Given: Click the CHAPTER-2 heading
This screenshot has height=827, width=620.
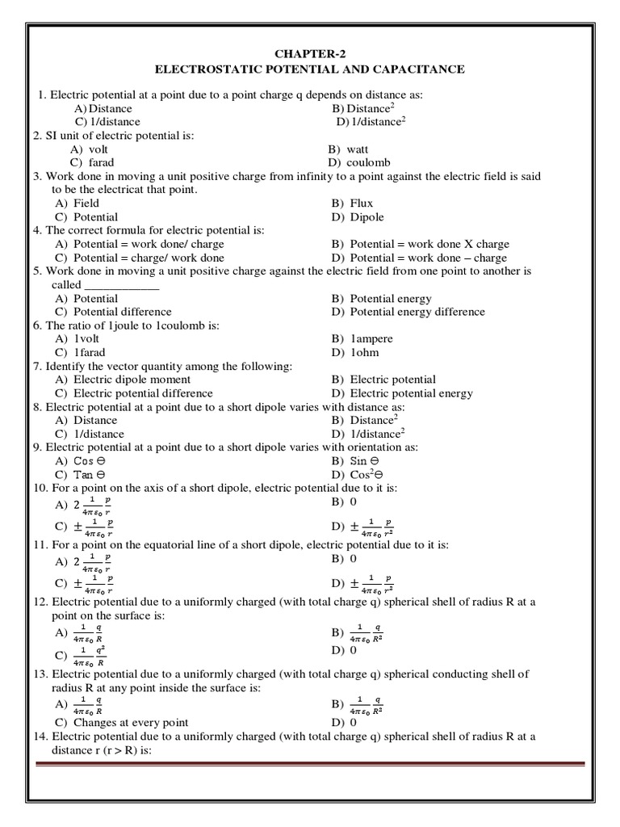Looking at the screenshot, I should [310, 53].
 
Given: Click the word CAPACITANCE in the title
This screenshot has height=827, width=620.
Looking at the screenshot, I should [416, 69].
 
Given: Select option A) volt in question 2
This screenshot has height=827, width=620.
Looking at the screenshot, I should [90, 149].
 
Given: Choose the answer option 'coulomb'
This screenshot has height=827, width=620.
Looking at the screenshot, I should [361, 162].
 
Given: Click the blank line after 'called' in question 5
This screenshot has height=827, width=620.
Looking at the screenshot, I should [122, 285].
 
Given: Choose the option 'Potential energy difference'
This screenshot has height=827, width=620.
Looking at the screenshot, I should [408, 312].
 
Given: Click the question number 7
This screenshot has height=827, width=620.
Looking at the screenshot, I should [37, 366].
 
